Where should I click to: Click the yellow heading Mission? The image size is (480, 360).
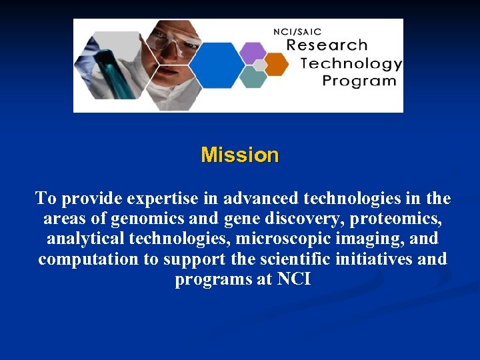pos(239,155)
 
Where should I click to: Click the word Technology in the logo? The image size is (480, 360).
pos(351,64)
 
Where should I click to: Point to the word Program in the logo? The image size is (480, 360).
pos(359,81)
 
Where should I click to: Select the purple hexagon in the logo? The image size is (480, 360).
pos(252,51)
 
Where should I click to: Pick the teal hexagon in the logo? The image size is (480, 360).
pos(253,77)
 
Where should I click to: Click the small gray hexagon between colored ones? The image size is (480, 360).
pos(260,65)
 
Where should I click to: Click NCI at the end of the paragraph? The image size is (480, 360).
pos(293,279)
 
